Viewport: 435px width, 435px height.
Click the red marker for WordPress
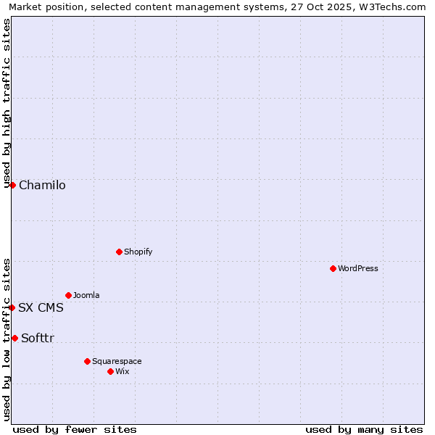point(333,268)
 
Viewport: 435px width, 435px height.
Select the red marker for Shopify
point(119,252)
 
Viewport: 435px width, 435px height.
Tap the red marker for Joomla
point(68,295)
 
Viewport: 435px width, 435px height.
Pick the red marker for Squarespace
point(87,361)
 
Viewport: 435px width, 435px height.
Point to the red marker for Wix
point(110,371)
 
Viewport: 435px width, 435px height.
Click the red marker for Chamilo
point(12,185)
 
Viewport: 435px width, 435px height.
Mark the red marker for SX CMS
point(12,307)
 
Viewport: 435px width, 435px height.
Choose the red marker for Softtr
point(14,338)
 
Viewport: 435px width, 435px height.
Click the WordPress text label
point(358,268)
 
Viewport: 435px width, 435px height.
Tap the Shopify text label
point(138,252)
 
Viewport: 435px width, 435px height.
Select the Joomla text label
point(86,295)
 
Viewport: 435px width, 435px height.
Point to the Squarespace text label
point(117,361)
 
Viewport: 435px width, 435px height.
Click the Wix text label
point(123,371)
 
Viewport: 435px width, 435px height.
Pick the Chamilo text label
point(42,185)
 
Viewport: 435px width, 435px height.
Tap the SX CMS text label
point(41,307)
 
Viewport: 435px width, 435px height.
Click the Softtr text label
point(38,338)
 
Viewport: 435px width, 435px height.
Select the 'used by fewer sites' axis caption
point(75,429)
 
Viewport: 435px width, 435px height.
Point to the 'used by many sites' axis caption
point(364,429)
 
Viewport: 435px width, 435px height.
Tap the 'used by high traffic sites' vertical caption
point(7,101)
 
